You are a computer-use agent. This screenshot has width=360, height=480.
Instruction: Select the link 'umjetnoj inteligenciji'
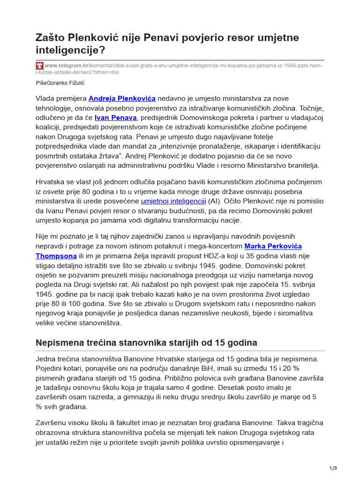pos(173,201)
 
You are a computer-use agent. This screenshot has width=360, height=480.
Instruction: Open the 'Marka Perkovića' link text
pos(273,246)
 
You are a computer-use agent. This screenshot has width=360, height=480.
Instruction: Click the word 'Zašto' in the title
pos(50,37)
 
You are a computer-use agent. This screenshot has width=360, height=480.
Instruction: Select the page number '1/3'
pos(333,468)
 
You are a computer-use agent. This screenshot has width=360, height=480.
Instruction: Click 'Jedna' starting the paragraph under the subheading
pos(46,359)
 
